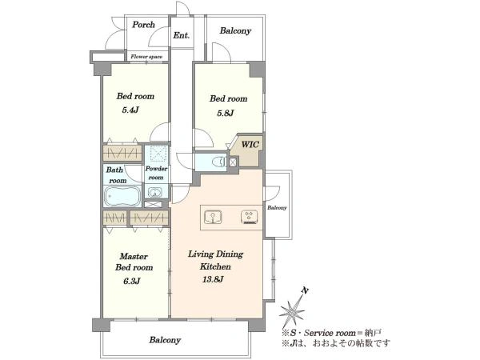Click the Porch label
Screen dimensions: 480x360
coord(143,25)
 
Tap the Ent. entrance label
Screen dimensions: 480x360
coord(182,35)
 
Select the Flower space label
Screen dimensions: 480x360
coord(146,57)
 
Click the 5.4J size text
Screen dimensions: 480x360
coord(130,110)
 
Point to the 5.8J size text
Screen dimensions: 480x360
coord(226,113)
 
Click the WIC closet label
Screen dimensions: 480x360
coord(250,144)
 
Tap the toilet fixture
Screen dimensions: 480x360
coord(220,162)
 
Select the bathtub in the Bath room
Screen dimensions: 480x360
coord(122,196)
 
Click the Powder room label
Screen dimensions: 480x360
coord(156,173)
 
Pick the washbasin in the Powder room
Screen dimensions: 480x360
coord(155,192)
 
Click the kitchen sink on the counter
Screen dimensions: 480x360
coord(213,218)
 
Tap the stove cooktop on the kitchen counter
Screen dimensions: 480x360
coord(250,218)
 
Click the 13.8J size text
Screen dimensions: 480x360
coord(212,279)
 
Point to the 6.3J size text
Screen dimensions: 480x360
coord(132,281)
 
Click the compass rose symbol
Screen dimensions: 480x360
coord(292,310)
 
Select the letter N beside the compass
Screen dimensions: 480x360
coord(304,290)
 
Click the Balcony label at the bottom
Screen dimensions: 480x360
coord(165,340)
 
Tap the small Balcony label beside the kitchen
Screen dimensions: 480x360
coord(277,207)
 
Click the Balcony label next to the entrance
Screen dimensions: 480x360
coord(235,30)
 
